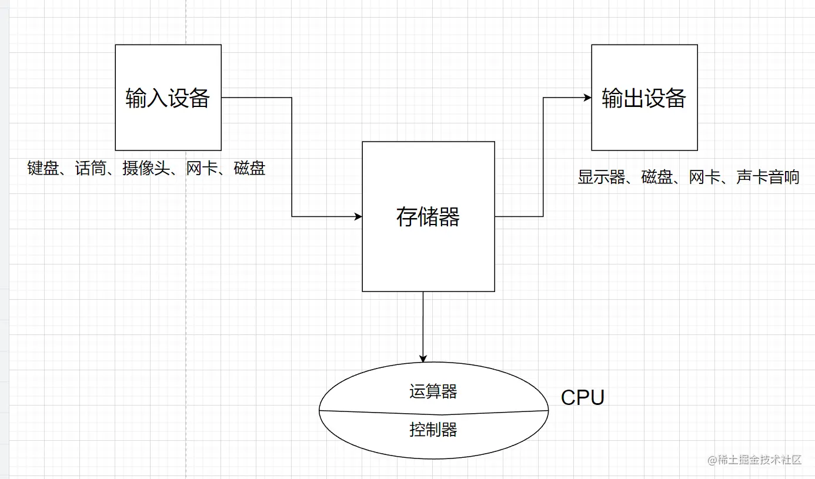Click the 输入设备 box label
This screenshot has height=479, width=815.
coord(168,98)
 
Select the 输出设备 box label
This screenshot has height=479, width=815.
coord(644,98)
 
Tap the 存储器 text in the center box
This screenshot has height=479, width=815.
coord(428,217)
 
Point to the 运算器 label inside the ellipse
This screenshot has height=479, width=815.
coord(433,391)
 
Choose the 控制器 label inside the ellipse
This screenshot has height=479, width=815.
coord(433,430)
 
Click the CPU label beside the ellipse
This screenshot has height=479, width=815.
coord(582,398)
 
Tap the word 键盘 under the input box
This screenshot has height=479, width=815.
coord(43,169)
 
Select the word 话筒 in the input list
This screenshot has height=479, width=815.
coord(91,169)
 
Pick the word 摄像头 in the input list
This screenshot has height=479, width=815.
coord(146,169)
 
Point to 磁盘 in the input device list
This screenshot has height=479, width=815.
coord(249,169)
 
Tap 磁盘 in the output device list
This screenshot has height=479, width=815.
coord(657,177)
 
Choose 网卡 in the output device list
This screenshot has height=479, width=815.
coord(704,177)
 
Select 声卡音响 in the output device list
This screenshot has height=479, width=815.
coord(767,177)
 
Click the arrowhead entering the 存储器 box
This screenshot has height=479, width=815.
coord(358,217)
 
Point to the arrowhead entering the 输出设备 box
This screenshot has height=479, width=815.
coord(587,98)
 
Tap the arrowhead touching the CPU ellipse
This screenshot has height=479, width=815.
coord(423,359)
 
